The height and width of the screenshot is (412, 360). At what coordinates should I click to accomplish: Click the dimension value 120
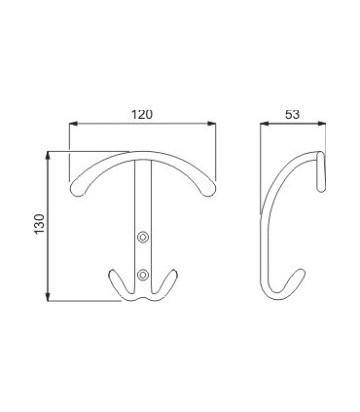143,113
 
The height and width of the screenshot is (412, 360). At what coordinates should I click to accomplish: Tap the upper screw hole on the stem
144,236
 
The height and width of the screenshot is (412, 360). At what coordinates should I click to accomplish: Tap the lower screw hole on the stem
144,274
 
